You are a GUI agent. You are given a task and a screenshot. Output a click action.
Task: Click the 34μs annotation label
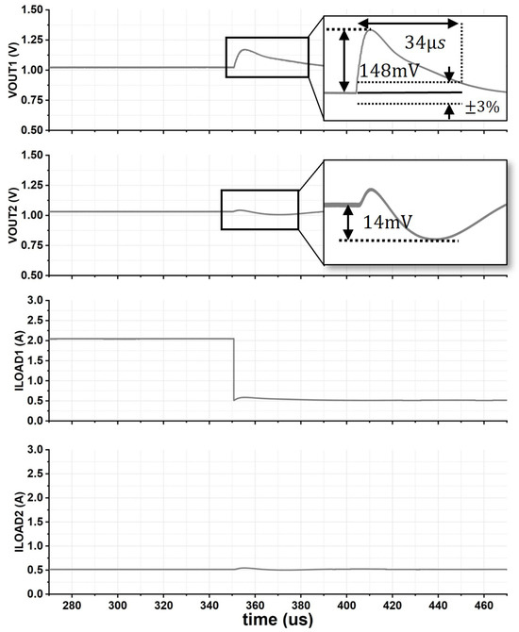(425, 42)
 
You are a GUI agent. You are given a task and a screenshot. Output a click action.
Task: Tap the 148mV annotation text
(389, 71)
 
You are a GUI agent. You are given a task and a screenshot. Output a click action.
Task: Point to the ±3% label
(482, 108)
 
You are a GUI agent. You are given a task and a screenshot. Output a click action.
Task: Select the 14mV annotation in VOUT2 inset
(388, 222)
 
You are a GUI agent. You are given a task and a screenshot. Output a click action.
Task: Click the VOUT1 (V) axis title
(13, 70)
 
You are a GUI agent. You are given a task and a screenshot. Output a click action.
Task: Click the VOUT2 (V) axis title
(13, 215)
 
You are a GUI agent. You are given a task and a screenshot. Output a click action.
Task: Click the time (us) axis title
(277, 619)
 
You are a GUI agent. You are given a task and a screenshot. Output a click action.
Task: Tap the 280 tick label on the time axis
(72, 606)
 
